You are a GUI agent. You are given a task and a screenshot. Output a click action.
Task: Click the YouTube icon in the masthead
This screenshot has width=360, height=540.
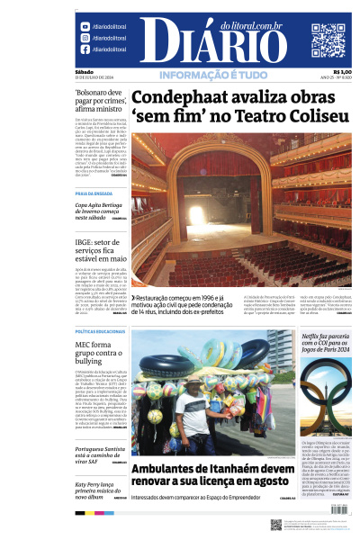pos(85,27)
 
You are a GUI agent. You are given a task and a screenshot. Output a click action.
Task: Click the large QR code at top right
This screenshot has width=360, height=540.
pos(328,40)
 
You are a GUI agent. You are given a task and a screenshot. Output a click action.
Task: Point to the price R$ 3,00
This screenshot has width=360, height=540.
pos(342,72)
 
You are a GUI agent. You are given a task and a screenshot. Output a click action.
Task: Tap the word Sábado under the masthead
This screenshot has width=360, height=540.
pos(85,72)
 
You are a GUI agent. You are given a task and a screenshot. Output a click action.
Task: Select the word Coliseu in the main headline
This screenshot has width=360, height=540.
pos(311,116)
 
